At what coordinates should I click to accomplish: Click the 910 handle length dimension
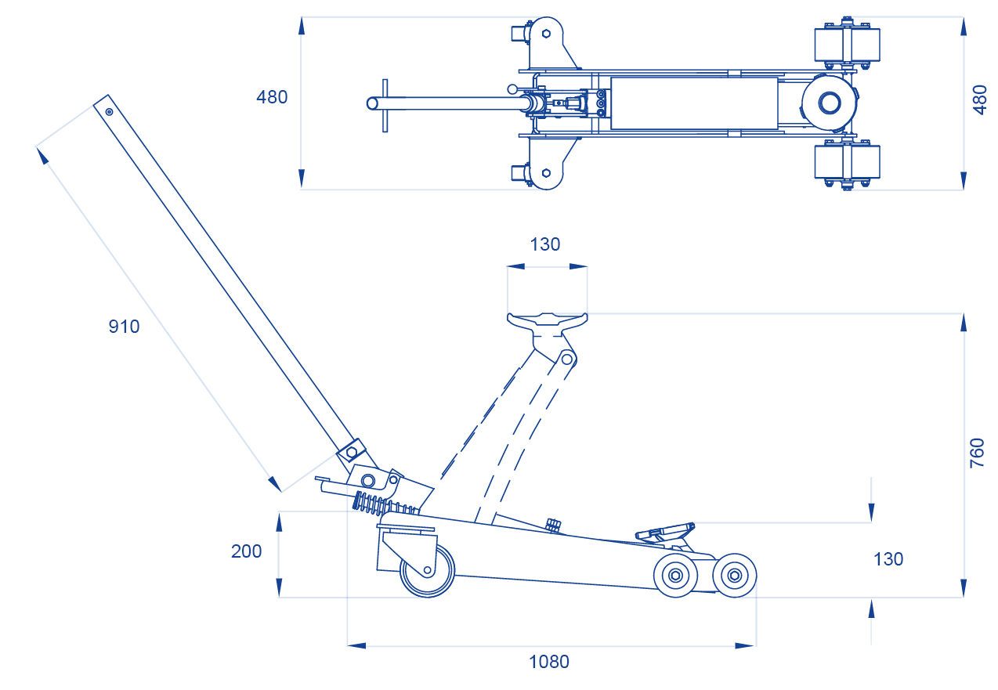[124, 327]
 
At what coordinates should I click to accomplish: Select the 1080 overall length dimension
[548, 662]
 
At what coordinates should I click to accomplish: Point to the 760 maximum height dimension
[977, 453]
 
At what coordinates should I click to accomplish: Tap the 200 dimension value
[246, 551]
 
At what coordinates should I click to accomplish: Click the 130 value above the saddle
[545, 244]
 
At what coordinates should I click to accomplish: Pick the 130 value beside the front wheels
[888, 559]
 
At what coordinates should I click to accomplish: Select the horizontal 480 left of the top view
[272, 98]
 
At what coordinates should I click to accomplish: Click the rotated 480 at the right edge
[980, 100]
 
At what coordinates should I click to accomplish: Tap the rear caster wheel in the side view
[427, 570]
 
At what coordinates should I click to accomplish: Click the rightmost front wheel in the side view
[735, 576]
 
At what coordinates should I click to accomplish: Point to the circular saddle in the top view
[829, 103]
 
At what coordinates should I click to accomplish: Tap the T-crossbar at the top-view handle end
[385, 105]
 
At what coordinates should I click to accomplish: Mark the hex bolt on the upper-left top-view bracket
[546, 34]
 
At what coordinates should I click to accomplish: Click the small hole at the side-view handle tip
[109, 112]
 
